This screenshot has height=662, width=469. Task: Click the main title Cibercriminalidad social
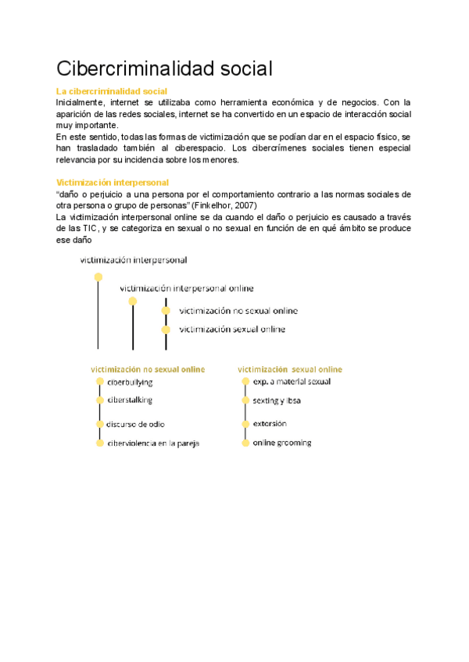tap(164, 69)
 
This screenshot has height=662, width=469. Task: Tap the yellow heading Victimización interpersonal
tap(113, 182)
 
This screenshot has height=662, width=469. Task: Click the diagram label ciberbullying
tap(130, 383)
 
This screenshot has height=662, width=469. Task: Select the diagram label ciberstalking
tap(130, 400)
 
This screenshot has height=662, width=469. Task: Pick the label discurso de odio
tap(136, 424)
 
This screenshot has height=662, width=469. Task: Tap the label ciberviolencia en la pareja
tap(153, 443)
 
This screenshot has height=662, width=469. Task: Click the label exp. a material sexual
tap(292, 382)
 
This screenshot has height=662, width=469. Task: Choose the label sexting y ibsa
tap(277, 400)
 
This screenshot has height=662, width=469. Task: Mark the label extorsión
tap(270, 424)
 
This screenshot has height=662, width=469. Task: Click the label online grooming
tap(281, 443)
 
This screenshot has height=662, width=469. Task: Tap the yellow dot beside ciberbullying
tap(100, 382)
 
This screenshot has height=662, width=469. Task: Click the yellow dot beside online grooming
tap(245, 443)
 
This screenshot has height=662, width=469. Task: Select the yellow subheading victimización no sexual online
tap(148, 368)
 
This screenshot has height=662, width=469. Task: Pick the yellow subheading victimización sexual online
tap(290, 368)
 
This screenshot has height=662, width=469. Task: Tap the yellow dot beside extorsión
tap(245, 424)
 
